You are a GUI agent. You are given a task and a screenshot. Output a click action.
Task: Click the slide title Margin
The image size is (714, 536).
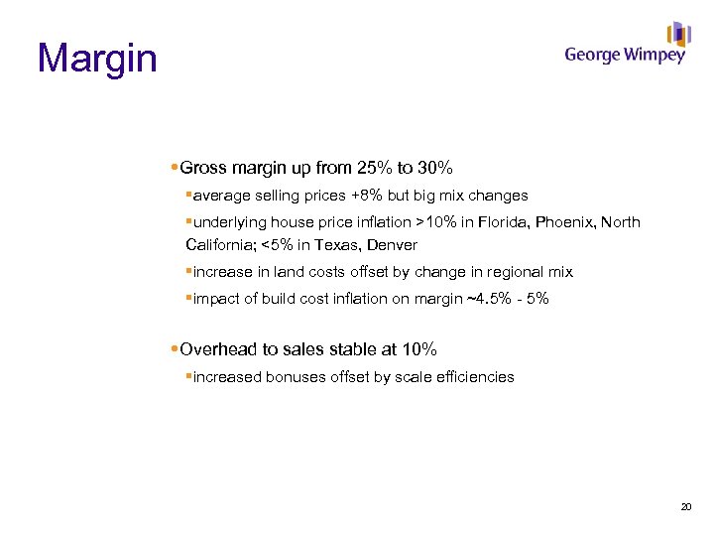pyautogui.click(x=97, y=58)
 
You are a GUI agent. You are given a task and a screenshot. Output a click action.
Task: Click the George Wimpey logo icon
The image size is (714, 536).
pyautogui.click(x=678, y=35)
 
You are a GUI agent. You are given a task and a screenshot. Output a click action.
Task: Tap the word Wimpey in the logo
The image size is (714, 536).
pyautogui.click(x=654, y=56)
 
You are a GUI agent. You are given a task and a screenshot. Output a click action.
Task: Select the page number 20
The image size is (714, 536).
pyautogui.click(x=685, y=507)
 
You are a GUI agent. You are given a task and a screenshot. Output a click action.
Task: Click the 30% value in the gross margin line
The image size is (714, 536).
pyautogui.click(x=432, y=167)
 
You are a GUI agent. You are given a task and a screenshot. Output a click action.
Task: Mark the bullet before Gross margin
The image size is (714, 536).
pyautogui.click(x=175, y=167)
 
